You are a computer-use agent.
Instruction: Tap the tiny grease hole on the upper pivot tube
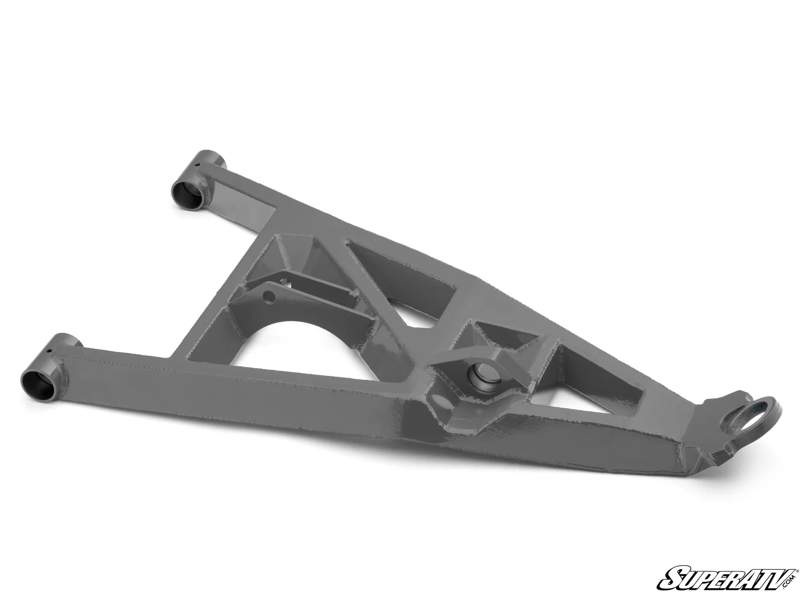197,165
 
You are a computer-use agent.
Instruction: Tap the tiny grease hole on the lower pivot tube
49,350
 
